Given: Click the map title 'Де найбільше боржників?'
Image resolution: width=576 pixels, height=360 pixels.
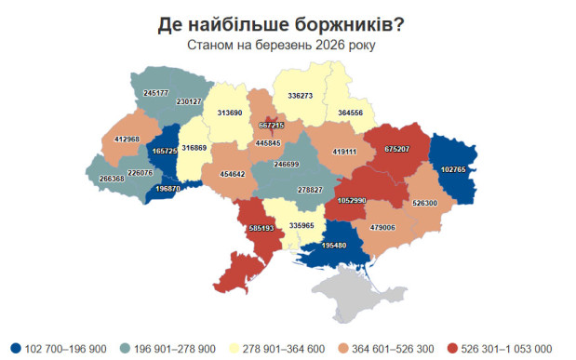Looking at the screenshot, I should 288,23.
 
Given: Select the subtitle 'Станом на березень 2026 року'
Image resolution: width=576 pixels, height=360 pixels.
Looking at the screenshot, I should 288,45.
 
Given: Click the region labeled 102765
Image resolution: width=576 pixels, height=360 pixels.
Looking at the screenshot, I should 453,170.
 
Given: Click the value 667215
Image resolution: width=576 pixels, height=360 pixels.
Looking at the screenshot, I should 272,124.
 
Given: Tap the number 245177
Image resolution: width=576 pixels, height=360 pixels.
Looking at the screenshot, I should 155,93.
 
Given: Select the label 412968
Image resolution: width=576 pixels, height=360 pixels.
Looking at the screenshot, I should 127,140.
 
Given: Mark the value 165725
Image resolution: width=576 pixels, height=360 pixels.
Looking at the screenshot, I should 164,150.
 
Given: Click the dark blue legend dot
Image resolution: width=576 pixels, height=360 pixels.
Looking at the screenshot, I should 16,348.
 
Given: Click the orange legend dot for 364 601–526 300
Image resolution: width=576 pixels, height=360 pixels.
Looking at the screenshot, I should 356,348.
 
